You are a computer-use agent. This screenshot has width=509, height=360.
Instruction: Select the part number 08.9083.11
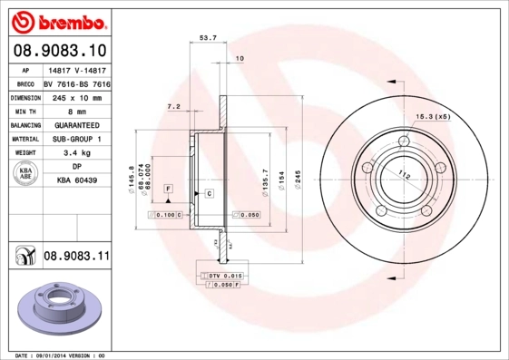[x=76, y=258]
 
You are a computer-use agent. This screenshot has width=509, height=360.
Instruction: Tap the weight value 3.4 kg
[x=76, y=154]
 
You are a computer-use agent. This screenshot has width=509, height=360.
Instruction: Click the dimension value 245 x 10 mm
[x=76, y=97]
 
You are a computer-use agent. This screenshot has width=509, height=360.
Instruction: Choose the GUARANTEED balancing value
[x=76, y=125]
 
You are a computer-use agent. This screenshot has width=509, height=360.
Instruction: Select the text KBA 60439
[x=76, y=181]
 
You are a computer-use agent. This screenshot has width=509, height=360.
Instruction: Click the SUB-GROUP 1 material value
[x=76, y=140]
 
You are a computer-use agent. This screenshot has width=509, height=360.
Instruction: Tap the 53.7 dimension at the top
[x=207, y=37]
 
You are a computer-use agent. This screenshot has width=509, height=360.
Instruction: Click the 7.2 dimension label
[x=172, y=106]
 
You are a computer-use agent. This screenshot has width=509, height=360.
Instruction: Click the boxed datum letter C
[x=209, y=194]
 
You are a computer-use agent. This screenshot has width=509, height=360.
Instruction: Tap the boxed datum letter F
[x=168, y=188]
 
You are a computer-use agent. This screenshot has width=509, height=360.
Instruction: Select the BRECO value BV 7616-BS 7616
[x=76, y=83]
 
